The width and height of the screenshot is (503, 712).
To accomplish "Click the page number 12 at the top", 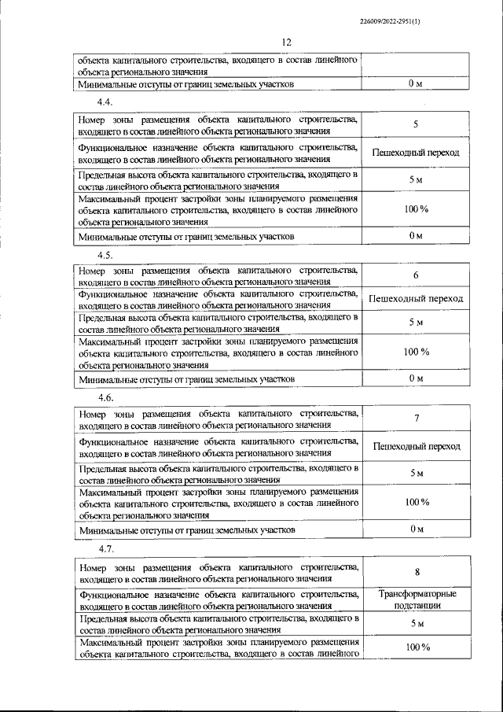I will [286, 42].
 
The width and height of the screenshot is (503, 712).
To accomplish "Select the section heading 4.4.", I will [105, 103].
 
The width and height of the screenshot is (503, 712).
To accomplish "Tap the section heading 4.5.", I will [105, 255].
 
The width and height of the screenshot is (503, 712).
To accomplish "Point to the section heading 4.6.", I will [105, 399].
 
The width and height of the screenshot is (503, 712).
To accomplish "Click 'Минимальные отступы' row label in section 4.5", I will [187, 379].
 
